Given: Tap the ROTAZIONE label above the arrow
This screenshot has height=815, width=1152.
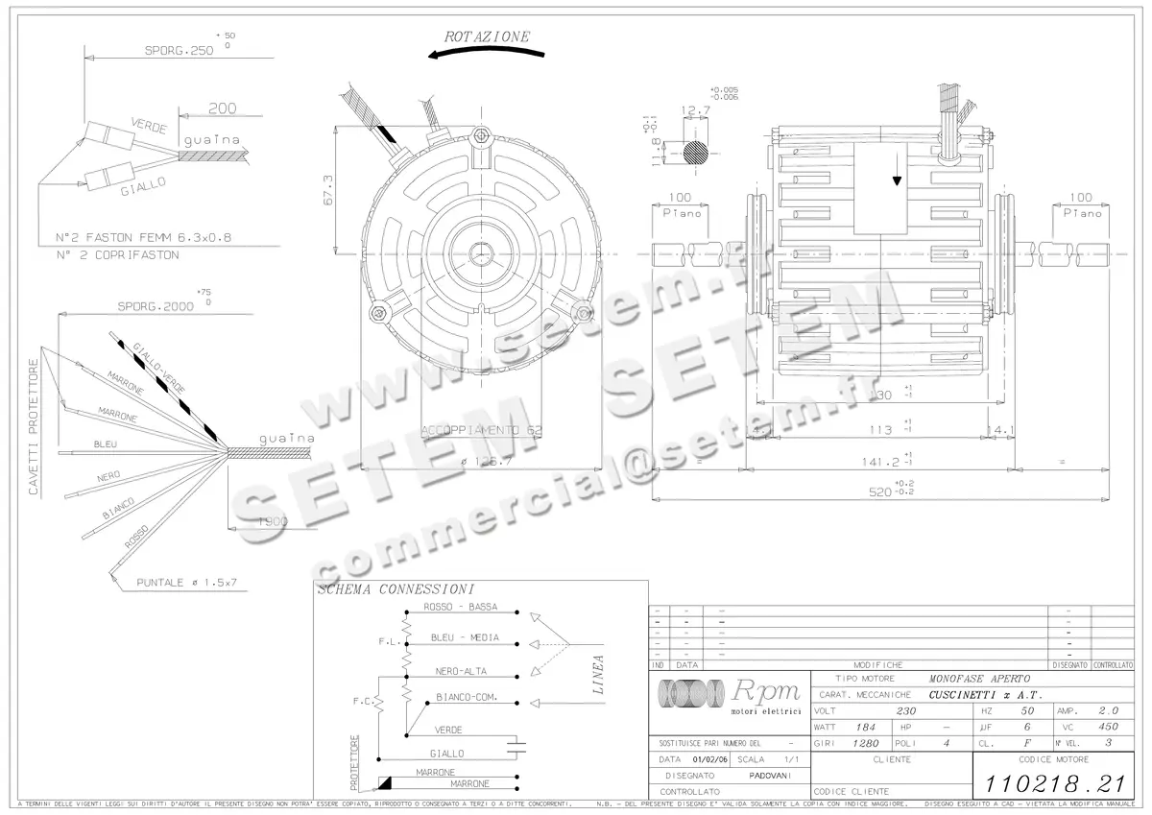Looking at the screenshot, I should (487, 36).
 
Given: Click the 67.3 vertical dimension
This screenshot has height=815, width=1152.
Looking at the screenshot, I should (328, 190).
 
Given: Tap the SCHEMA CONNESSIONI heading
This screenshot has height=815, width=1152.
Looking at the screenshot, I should (395, 589).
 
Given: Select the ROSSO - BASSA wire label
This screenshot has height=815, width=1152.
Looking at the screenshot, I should (460, 607).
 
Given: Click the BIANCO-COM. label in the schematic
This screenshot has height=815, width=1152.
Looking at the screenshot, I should (466, 697).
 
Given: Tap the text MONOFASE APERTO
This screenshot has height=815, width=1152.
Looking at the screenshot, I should (979, 679).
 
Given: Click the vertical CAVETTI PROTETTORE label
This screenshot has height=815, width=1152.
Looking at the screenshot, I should (34, 427).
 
